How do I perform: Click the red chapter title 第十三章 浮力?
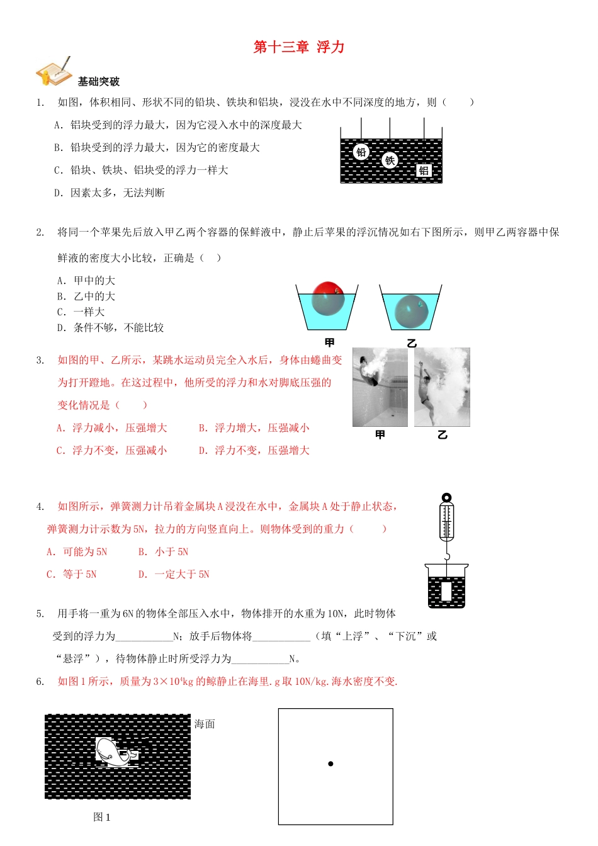pos(299,47)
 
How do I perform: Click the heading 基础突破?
pos(99,82)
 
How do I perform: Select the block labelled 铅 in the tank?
pos(361,152)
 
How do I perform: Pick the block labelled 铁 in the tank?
pos(390,161)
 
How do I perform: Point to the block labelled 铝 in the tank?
pos(424,171)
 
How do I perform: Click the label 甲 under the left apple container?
pos(329,343)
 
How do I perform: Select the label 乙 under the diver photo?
pos(442,435)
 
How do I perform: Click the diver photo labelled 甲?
pos(380,387)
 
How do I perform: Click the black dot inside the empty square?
pos(330,764)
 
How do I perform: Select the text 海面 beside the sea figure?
pos(205,725)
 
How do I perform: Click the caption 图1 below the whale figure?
pos(102,817)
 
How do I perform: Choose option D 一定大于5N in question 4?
pos(174,575)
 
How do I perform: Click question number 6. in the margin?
pos(40,682)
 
